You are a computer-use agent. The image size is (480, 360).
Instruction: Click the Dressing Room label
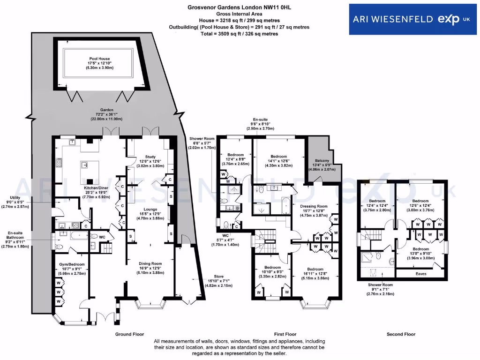click(313, 210)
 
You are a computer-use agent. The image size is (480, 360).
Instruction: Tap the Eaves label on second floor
click(421, 274)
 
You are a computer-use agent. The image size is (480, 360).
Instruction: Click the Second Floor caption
click(401, 334)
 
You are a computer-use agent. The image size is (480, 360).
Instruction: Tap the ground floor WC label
click(102, 237)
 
